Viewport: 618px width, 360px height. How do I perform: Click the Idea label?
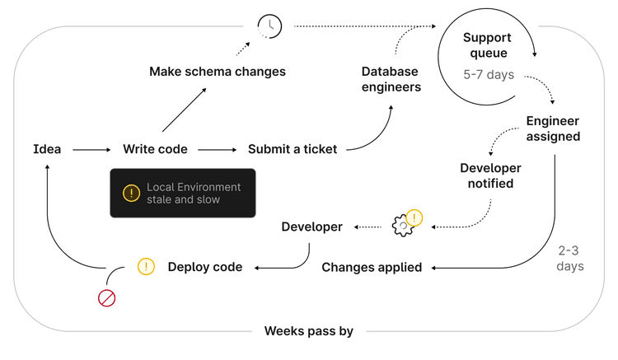click(x=47, y=149)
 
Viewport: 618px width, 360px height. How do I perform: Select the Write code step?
click(x=155, y=149)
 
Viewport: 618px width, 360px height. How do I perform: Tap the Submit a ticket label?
click(x=293, y=149)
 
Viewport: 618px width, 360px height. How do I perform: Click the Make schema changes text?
click(x=218, y=72)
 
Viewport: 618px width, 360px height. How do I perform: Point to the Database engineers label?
click(x=391, y=79)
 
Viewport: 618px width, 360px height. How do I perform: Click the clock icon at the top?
click(x=269, y=26)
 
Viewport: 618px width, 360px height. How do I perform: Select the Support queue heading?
click(x=486, y=45)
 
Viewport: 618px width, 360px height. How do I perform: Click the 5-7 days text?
click(x=489, y=75)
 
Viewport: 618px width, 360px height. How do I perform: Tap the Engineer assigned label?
click(x=553, y=129)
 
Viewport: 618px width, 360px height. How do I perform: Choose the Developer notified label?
click(x=490, y=175)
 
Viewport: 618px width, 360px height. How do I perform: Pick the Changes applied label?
click(x=372, y=267)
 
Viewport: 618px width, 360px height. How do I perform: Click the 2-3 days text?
click(x=570, y=258)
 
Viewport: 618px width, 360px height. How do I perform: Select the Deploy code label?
click(x=205, y=267)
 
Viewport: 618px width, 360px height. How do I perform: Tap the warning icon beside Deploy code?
click(x=146, y=266)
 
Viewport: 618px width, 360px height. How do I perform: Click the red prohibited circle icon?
click(x=107, y=297)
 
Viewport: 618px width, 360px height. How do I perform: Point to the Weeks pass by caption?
click(x=308, y=331)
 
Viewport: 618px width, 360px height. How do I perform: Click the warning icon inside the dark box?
click(x=131, y=193)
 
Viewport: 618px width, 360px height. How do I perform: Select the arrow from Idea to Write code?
click(x=91, y=150)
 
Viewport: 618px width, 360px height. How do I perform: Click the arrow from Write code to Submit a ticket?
click(x=218, y=150)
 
